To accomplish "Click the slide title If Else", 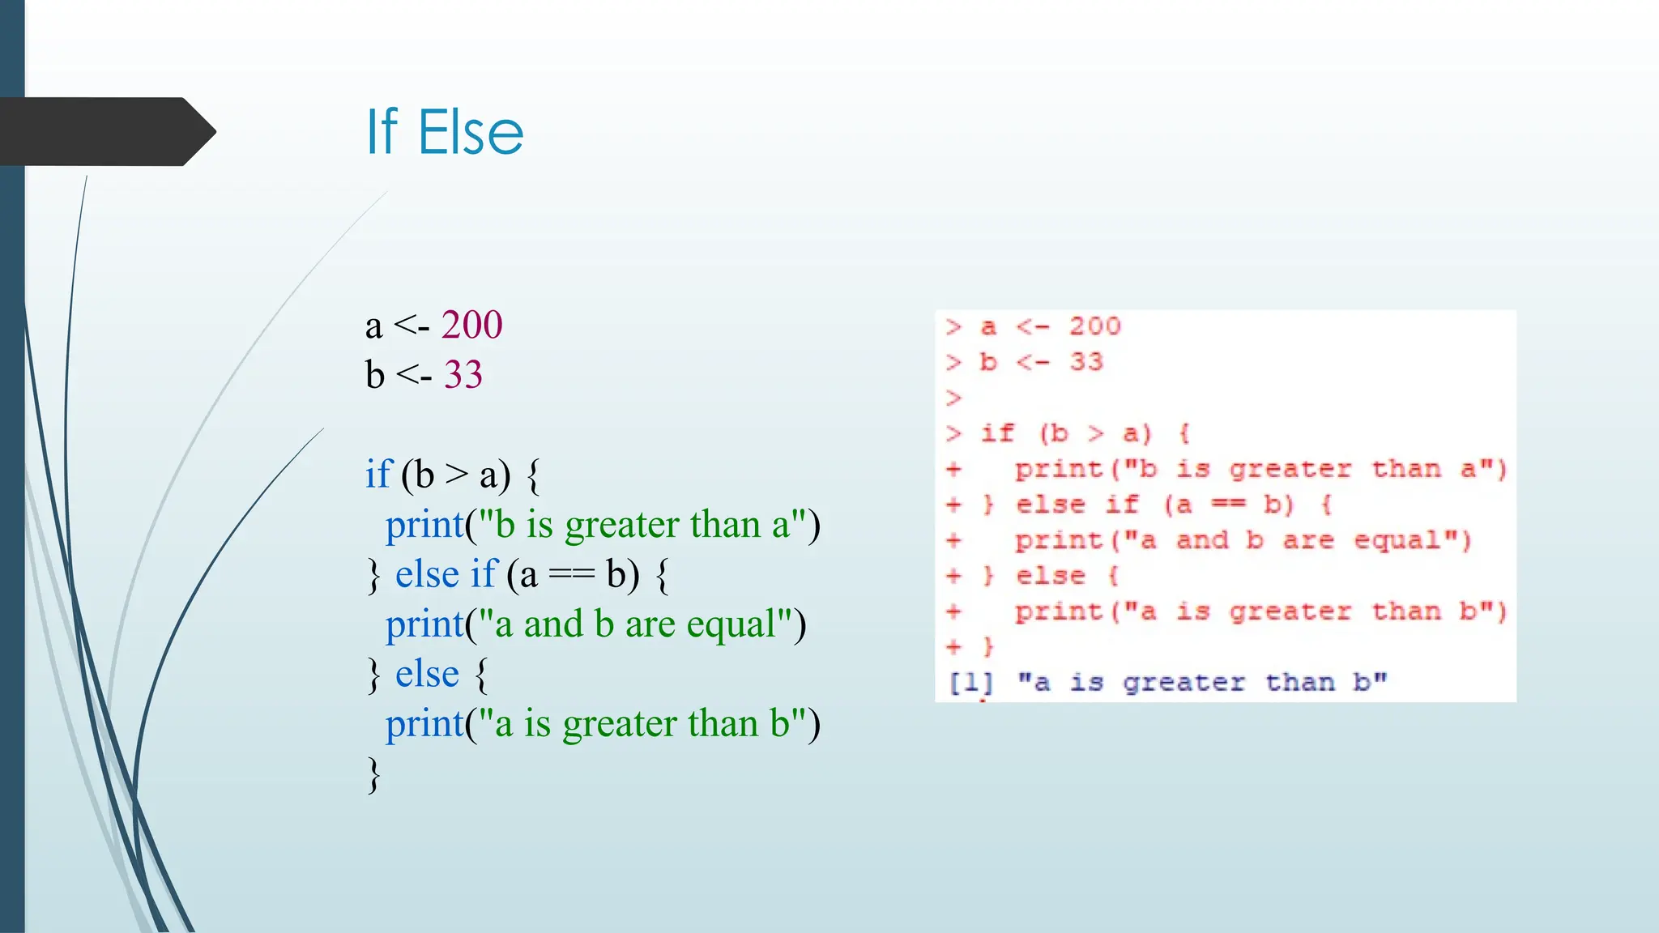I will click(445, 132).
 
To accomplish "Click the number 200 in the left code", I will click(471, 326).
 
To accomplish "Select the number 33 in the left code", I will click(463, 375).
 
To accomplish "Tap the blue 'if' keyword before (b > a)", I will click(378, 475).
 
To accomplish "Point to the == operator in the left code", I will click(571, 575).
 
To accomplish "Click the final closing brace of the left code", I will click(373, 775).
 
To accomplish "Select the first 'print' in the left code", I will click(424, 525).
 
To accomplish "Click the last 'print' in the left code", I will click(424, 724).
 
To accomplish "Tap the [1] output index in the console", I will click(970, 683).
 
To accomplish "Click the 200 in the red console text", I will click(1094, 326).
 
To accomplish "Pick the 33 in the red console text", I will click(1086, 362).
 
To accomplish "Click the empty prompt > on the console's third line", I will click(953, 398).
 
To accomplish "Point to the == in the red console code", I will click(1228, 505).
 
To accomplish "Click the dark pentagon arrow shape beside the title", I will click(105, 132).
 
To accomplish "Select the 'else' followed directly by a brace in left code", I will click(427, 675).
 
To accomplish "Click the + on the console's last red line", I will click(953, 647).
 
